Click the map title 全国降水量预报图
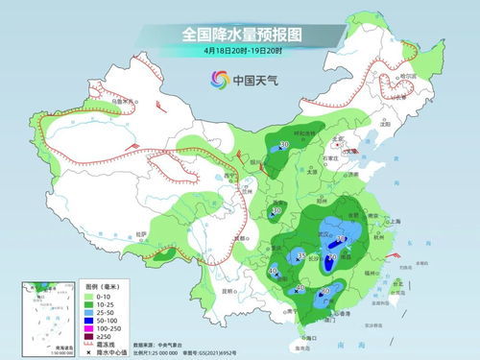pos(239,35)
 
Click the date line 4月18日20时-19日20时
pos(239,50)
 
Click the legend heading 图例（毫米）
pos(100,287)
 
